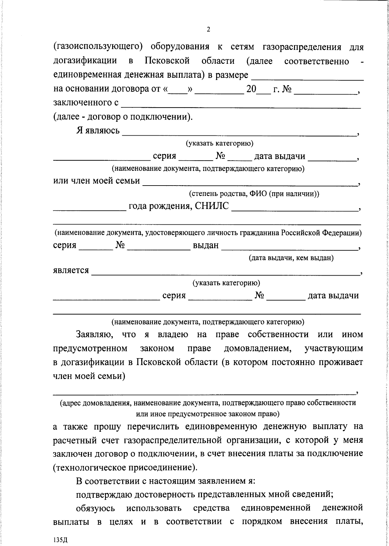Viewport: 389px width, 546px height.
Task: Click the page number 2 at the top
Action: pyautogui.click(x=208, y=29)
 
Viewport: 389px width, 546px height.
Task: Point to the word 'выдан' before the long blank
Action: pyautogui.click(x=206, y=245)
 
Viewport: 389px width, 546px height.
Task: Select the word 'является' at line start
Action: pyautogui.click(x=71, y=270)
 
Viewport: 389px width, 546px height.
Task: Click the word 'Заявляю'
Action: pyautogui.click(x=94, y=334)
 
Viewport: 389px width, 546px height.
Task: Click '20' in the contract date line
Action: pyautogui.click(x=251, y=89)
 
